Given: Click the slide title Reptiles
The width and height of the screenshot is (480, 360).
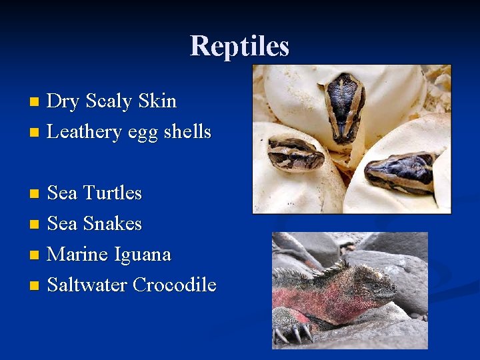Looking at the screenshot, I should (239, 46).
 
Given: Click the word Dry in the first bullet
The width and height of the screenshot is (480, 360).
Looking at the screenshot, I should (63, 101).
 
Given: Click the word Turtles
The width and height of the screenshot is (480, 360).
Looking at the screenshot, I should (113, 193).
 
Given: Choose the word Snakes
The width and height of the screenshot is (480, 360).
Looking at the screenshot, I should (113, 223).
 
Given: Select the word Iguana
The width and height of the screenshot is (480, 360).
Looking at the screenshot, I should (143, 254).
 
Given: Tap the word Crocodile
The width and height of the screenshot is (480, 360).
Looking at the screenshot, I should (174, 285).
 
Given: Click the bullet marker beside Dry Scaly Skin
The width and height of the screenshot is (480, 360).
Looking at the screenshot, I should (35, 102).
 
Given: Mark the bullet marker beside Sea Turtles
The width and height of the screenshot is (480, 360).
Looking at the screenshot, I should (35, 193).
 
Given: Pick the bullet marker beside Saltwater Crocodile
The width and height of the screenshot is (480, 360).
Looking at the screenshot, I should (35, 285).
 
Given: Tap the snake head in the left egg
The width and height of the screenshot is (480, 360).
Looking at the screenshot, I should (295, 155).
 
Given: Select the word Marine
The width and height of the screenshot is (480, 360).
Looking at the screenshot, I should (78, 254).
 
